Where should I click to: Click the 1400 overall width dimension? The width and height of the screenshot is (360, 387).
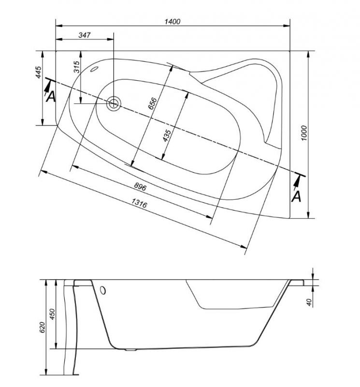(173, 22)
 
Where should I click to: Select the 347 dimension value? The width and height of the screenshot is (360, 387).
(85, 35)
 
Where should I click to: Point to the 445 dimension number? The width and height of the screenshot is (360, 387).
(39, 72)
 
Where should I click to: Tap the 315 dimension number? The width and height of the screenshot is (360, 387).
(77, 67)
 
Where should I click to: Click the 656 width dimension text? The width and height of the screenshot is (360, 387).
(152, 104)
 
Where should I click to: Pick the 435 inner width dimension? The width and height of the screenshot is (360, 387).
(167, 135)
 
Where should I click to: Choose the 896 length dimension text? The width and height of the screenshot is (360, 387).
(140, 187)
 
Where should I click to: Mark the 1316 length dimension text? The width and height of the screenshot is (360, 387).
(139, 203)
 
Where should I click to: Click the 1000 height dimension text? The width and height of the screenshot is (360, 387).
(304, 133)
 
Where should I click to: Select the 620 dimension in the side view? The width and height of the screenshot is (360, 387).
(43, 327)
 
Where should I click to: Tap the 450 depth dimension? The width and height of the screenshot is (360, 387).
(53, 314)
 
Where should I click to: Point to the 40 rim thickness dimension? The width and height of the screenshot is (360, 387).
(309, 302)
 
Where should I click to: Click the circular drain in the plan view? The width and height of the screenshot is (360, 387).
(114, 104)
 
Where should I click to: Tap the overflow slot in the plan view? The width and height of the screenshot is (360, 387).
(94, 69)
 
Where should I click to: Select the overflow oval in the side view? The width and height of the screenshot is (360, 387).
(103, 290)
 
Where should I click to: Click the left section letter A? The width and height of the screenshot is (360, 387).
(51, 96)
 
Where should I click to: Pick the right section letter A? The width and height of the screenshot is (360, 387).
(296, 196)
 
